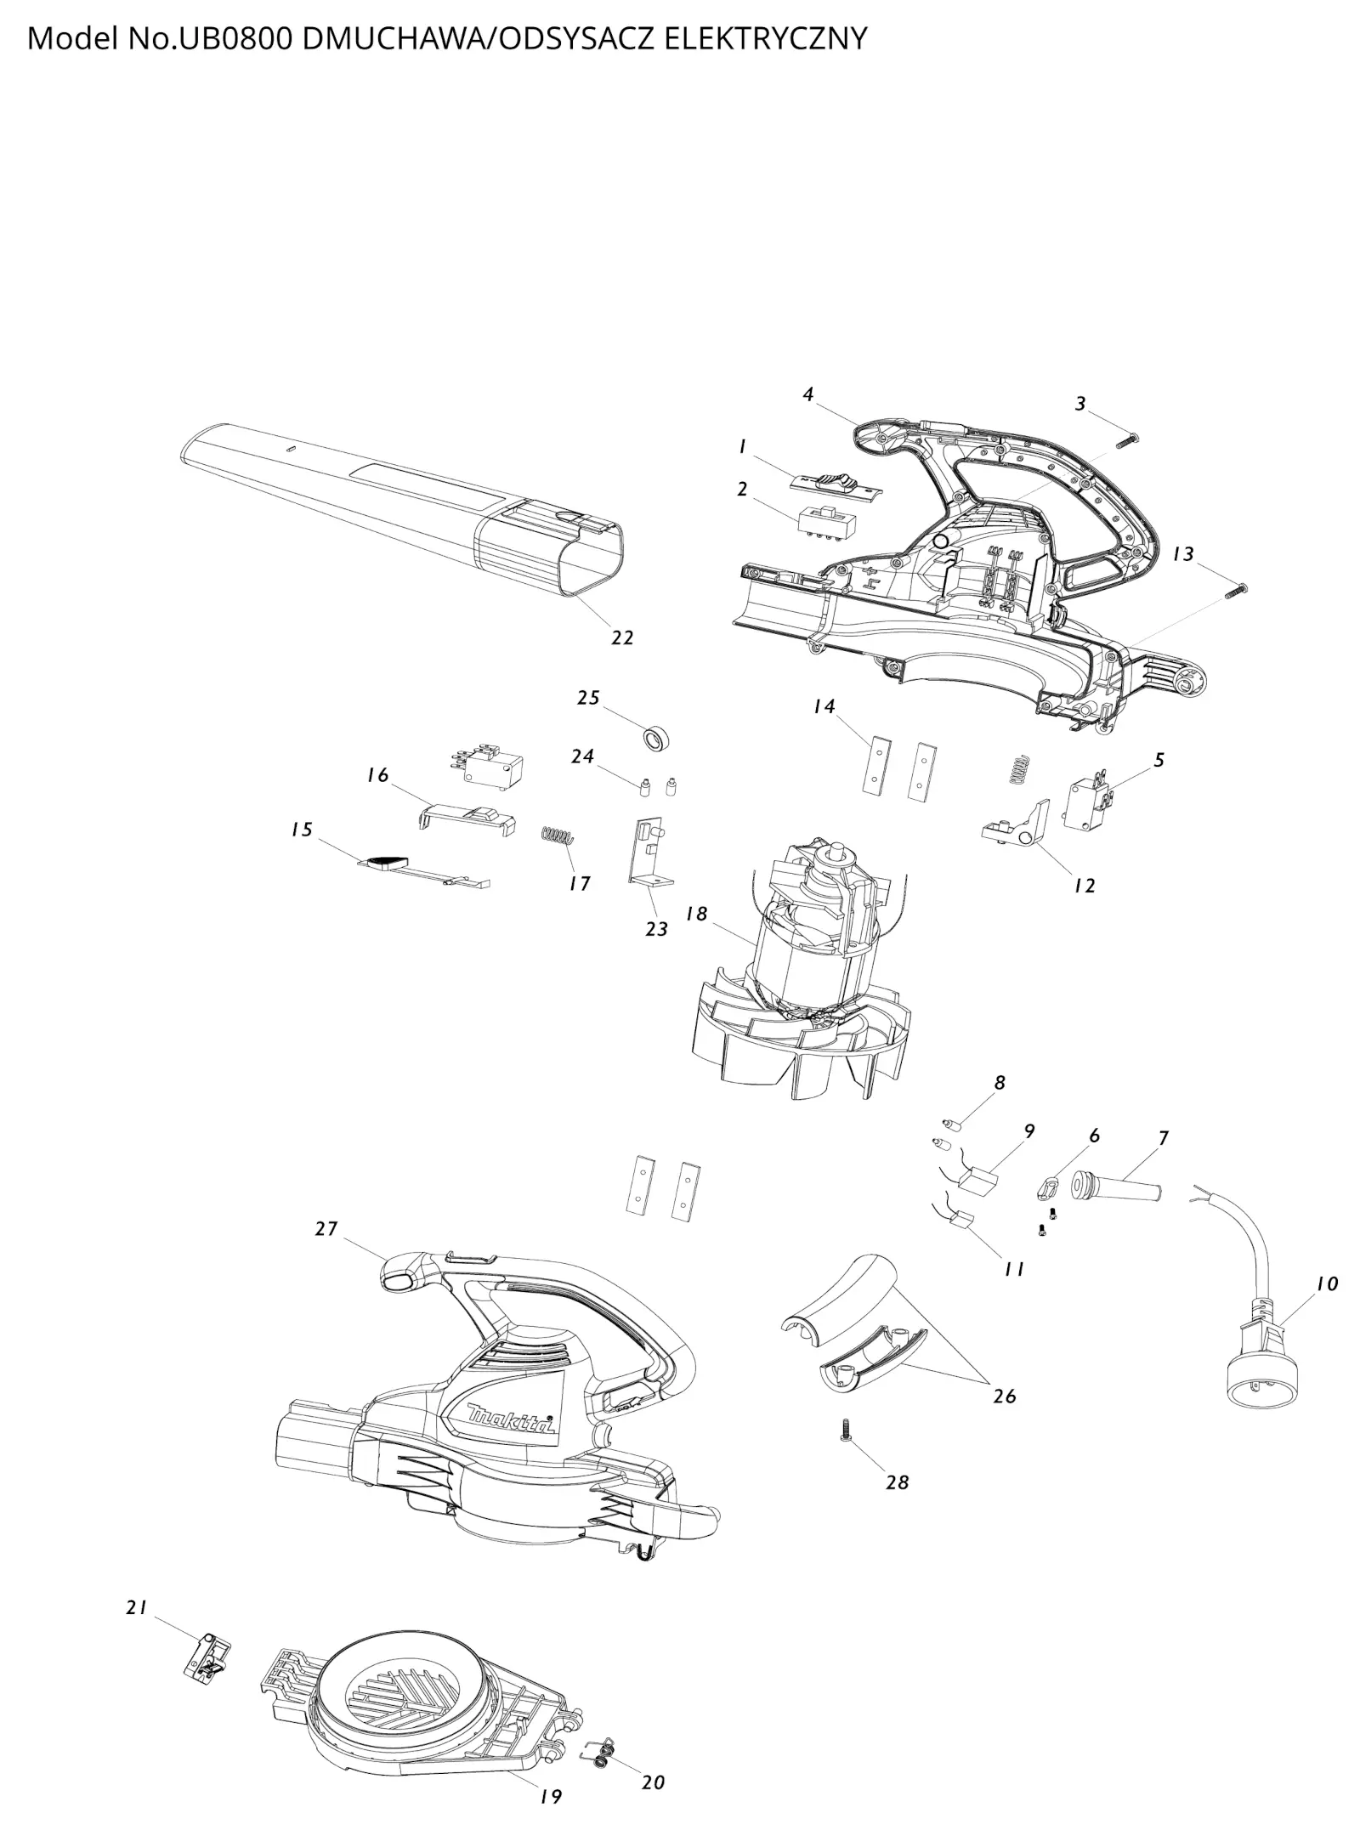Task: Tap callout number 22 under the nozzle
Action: tap(622, 637)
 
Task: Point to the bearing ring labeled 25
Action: tap(658, 738)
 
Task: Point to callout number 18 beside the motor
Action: tap(697, 914)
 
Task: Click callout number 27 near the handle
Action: tap(326, 1229)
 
